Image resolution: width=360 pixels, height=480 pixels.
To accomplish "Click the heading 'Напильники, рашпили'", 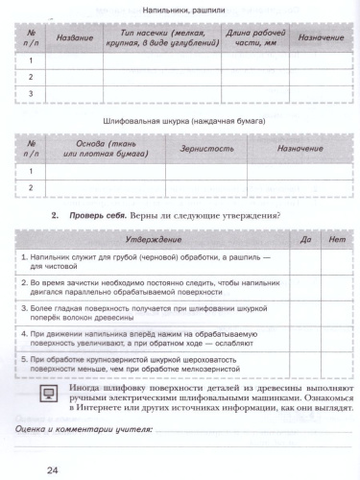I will pos(182,11).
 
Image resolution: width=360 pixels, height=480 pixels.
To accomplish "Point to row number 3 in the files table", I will pos(31,94).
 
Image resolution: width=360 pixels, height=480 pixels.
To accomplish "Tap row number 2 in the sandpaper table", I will pos(31,188).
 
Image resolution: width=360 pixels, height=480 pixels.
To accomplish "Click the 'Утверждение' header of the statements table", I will pos(151,240).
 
